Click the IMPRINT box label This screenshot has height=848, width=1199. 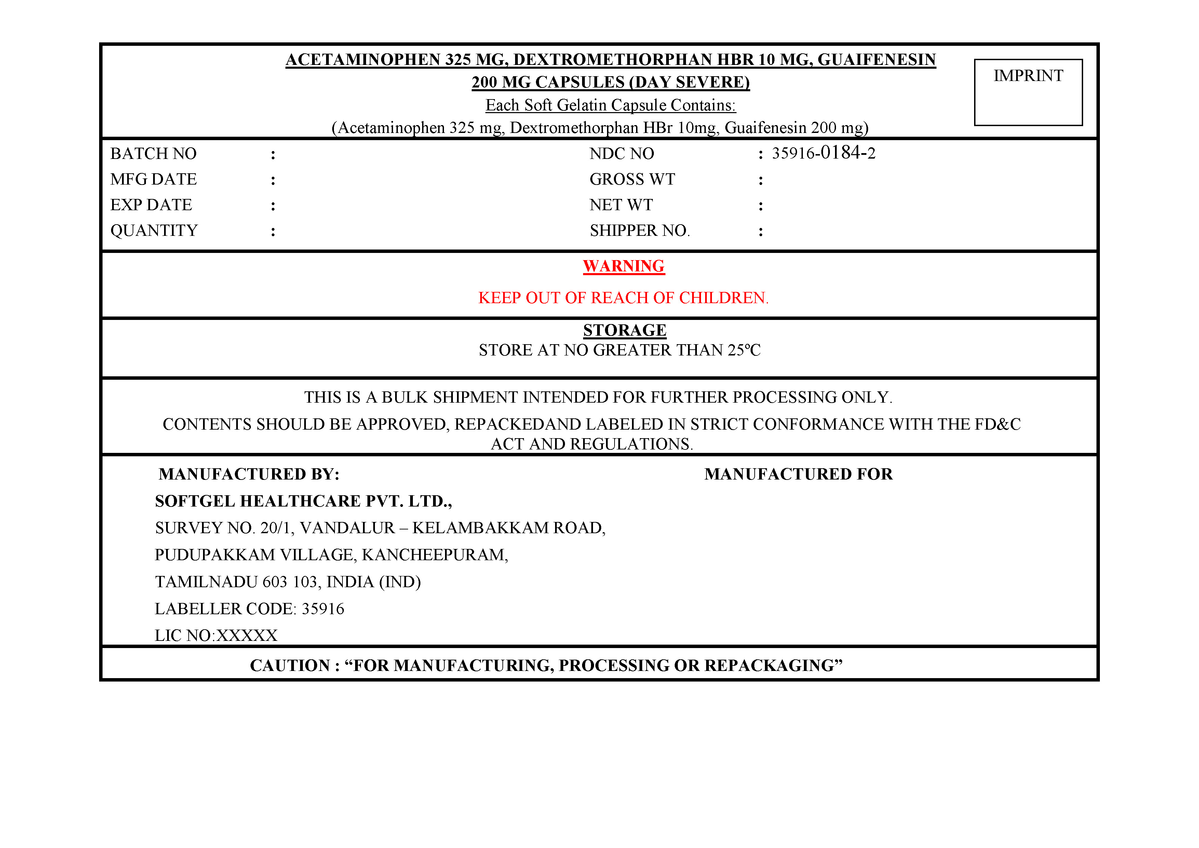pos(1028,76)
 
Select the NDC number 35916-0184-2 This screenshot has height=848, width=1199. pos(823,153)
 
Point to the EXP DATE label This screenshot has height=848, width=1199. pos(151,205)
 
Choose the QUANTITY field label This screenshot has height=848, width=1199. pos(154,231)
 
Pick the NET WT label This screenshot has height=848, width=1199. pos(621,205)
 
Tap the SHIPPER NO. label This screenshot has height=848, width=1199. pos(639,231)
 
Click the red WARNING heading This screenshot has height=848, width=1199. pos(623,266)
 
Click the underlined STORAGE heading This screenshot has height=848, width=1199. pos(624,331)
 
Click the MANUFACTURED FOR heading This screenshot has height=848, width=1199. pos(798,474)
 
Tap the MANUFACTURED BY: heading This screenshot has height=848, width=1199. pos(249,474)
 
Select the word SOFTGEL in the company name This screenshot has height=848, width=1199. pos(195,501)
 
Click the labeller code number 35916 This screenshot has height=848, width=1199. pos(323,609)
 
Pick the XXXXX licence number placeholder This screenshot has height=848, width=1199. pos(247,635)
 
